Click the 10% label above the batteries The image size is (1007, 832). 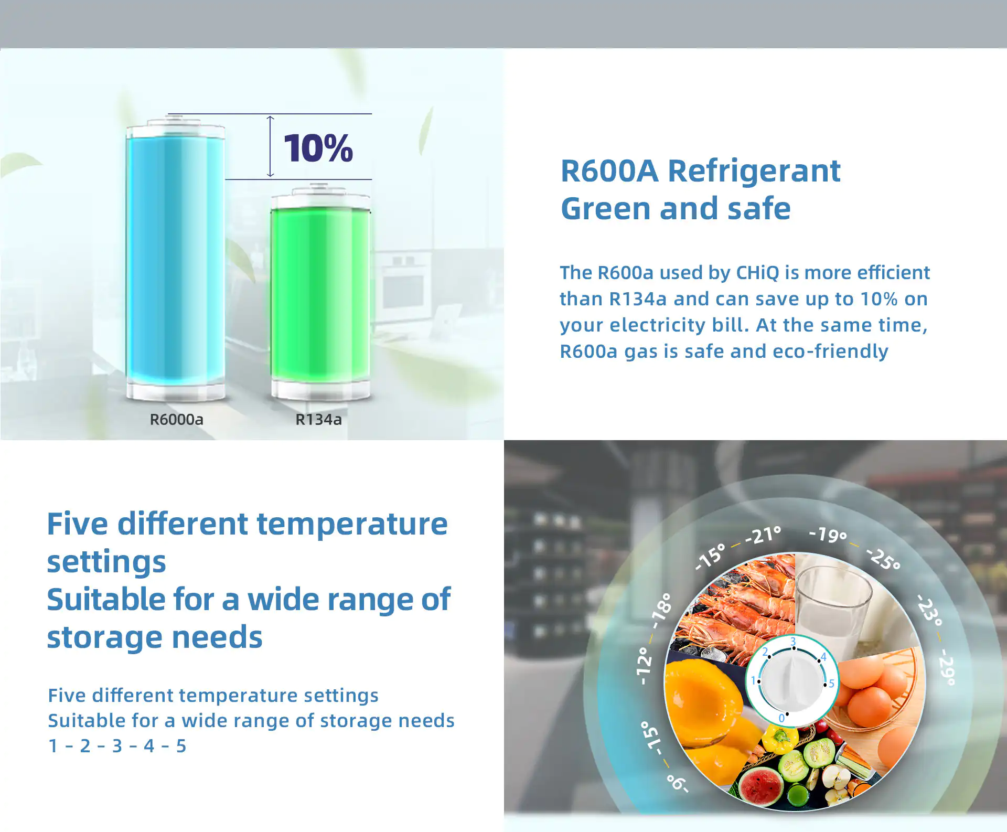318,148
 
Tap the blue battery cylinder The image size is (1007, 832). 176,260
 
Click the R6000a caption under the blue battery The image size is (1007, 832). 176,420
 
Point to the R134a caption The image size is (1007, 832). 318,420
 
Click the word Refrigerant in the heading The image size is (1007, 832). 754,172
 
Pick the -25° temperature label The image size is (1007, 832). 884,559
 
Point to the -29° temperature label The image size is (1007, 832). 947,667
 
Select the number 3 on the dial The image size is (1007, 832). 793,642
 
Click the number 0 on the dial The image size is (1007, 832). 781,718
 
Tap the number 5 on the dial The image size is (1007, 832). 831,684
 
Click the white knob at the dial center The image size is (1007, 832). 792,680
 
